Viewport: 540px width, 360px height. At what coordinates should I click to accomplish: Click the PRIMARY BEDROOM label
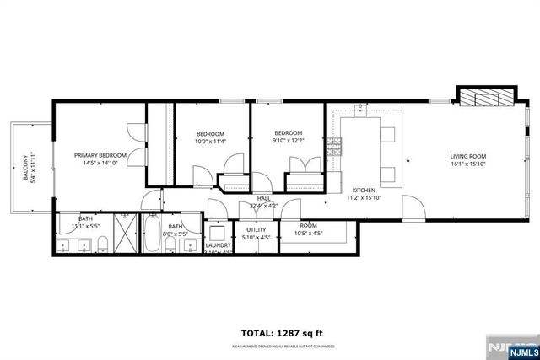click(100, 155)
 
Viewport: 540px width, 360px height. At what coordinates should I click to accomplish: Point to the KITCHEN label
click(364, 191)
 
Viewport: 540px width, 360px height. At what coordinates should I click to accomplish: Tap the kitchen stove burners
click(333, 148)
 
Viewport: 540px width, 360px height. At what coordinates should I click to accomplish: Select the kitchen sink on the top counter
click(360, 110)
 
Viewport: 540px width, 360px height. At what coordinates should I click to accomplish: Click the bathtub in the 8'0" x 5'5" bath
click(153, 234)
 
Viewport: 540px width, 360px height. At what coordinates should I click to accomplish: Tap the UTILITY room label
click(256, 229)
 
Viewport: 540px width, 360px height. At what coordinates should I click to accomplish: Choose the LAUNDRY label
click(218, 245)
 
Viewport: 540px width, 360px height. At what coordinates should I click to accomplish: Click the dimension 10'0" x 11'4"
click(210, 142)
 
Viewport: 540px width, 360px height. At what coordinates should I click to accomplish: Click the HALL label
click(263, 198)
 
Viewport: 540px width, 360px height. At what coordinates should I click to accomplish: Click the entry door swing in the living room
click(413, 207)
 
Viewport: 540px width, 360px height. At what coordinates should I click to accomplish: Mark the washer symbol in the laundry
click(216, 231)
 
